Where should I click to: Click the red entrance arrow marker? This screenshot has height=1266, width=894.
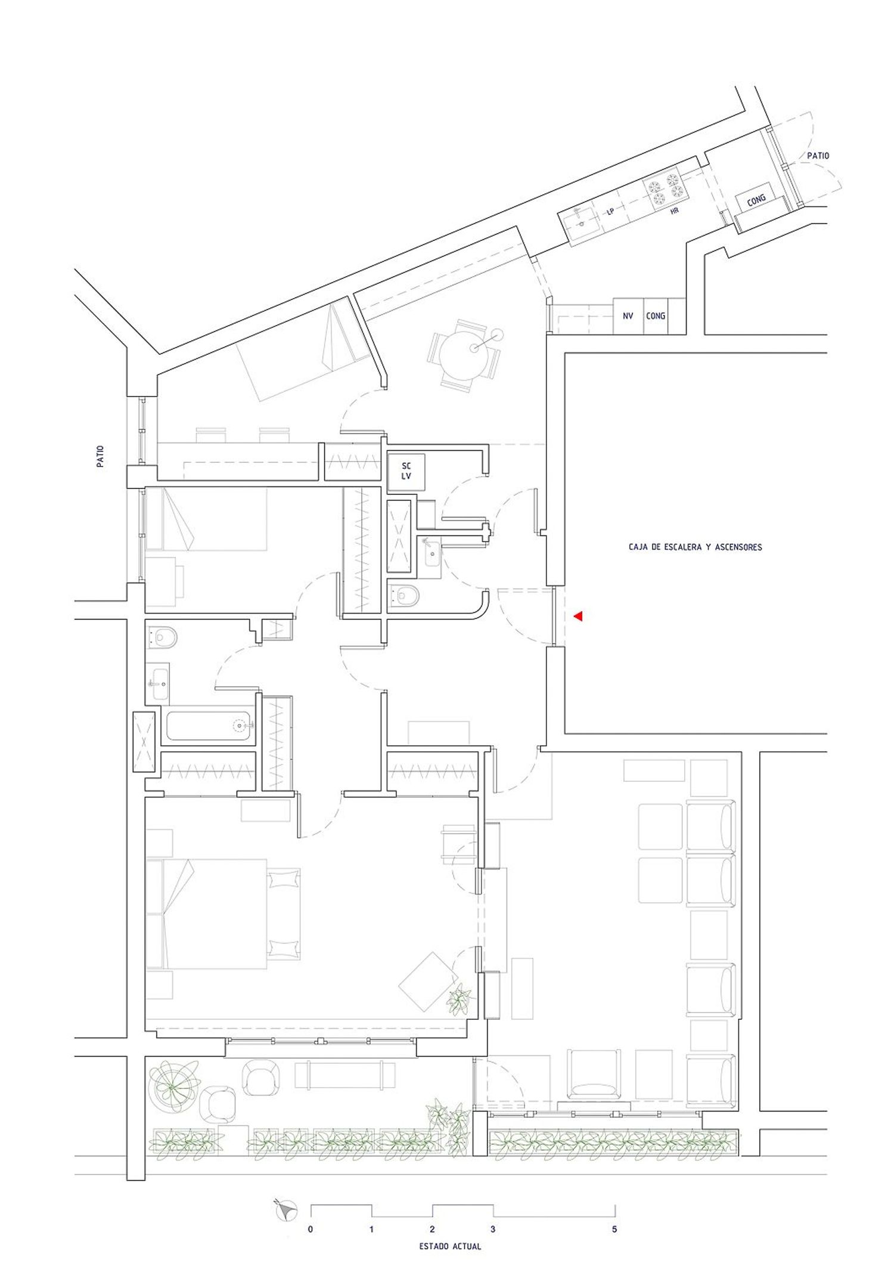pyautogui.click(x=578, y=617)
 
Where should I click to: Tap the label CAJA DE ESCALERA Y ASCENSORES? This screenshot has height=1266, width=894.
pyautogui.click(x=695, y=547)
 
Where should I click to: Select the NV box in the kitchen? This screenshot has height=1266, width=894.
pyautogui.click(x=628, y=316)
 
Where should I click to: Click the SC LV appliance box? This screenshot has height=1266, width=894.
pyautogui.click(x=406, y=471)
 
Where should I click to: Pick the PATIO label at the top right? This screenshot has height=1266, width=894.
pyautogui.click(x=818, y=156)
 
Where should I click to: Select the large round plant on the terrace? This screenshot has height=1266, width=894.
pyautogui.click(x=172, y=1088)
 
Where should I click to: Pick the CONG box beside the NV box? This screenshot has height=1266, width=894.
pyautogui.click(x=656, y=316)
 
